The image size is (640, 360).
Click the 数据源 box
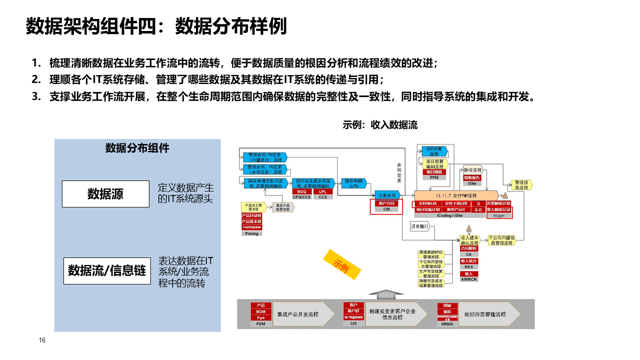point(105,194)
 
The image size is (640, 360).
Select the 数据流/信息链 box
point(107,270)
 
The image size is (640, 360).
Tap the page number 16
point(42,340)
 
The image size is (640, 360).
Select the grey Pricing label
point(252,233)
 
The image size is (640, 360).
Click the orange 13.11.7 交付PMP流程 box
point(456,195)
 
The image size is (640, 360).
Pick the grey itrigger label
point(499,215)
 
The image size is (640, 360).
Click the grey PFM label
point(430,177)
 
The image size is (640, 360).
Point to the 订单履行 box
point(420,226)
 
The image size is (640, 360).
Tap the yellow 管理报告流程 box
point(521,184)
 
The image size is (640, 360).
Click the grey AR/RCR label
point(469,279)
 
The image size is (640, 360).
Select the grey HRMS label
point(447,324)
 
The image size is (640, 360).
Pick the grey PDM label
point(260,324)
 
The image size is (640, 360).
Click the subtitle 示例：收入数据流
point(380,125)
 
